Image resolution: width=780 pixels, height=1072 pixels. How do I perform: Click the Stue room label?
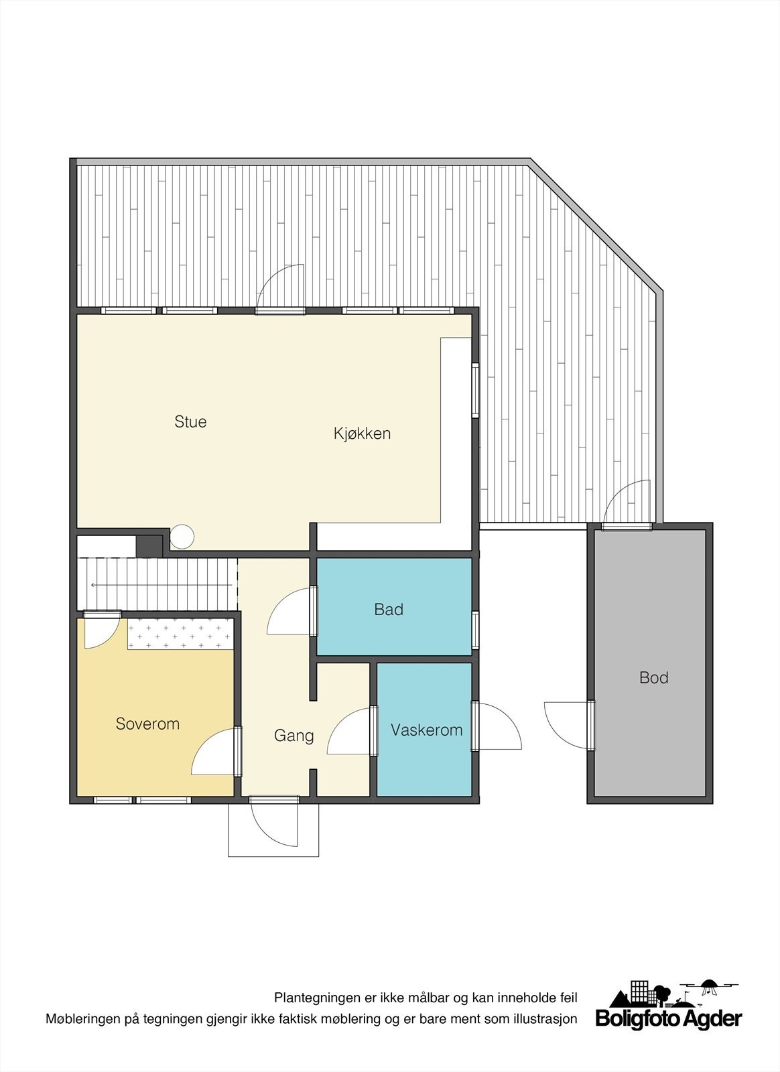click(x=190, y=421)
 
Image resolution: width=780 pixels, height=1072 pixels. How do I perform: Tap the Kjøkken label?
click(x=362, y=433)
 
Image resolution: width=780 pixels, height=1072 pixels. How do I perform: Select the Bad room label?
click(x=389, y=609)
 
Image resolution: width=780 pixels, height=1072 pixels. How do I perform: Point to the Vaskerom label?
click(x=426, y=730)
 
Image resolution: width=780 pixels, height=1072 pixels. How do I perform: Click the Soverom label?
click(x=147, y=724)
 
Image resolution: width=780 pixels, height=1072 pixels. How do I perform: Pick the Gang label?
click(x=294, y=736)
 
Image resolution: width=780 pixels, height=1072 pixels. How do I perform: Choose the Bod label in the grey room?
click(x=653, y=677)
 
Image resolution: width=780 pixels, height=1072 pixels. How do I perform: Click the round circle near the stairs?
click(x=182, y=536)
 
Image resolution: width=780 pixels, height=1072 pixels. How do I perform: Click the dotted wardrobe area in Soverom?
click(x=180, y=634)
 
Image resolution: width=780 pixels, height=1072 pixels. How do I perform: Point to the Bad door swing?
click(x=290, y=611)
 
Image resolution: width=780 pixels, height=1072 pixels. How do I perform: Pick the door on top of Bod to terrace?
click(x=627, y=505)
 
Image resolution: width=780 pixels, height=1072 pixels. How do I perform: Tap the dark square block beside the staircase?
click(x=149, y=545)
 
